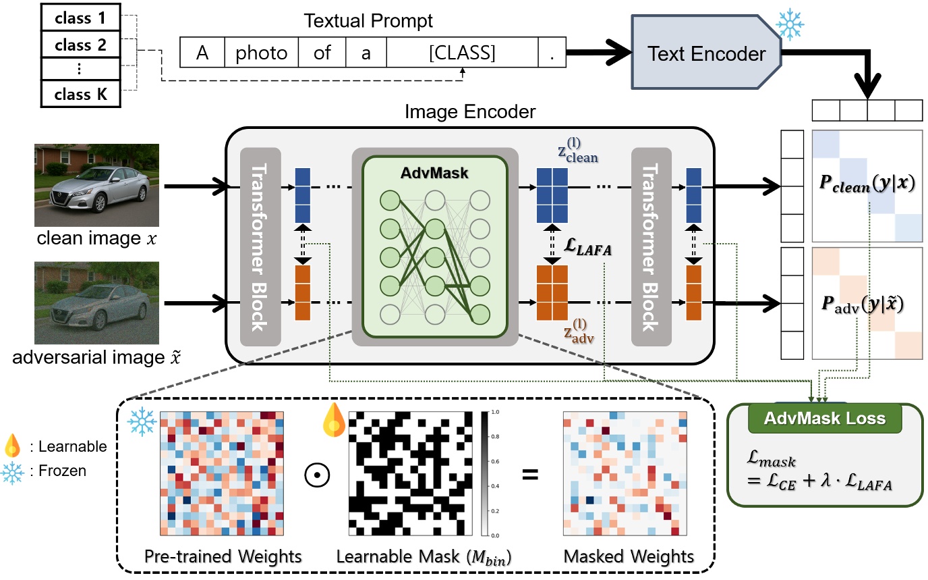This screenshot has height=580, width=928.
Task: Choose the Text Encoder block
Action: tap(705, 53)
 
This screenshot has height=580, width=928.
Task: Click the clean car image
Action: tap(97, 184)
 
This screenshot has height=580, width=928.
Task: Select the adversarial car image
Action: tap(97, 302)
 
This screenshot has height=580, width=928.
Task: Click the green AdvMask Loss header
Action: tap(824, 419)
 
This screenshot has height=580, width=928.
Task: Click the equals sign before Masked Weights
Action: tap(531, 475)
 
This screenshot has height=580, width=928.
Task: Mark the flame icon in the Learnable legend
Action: tap(12, 445)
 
